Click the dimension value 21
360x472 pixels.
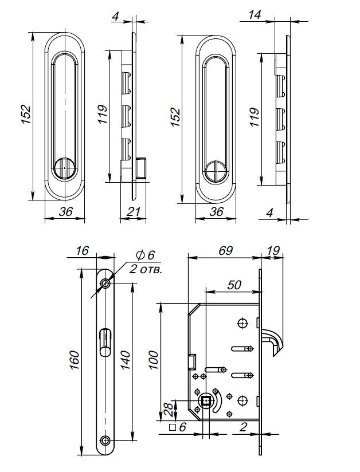click(x=133, y=212)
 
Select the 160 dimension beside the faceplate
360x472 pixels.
click(x=75, y=359)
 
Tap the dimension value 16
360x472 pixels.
click(x=82, y=250)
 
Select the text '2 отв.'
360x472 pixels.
click(x=146, y=269)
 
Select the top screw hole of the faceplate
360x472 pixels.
click(x=105, y=284)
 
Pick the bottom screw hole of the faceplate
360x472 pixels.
click(x=105, y=440)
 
